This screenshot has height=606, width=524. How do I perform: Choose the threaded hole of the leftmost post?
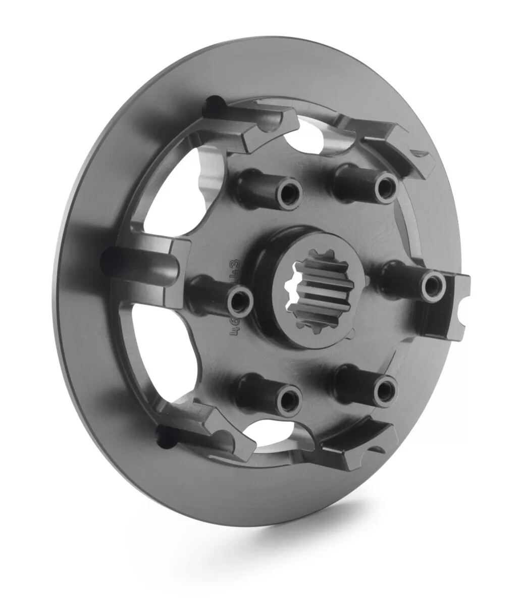click(x=238, y=302)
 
